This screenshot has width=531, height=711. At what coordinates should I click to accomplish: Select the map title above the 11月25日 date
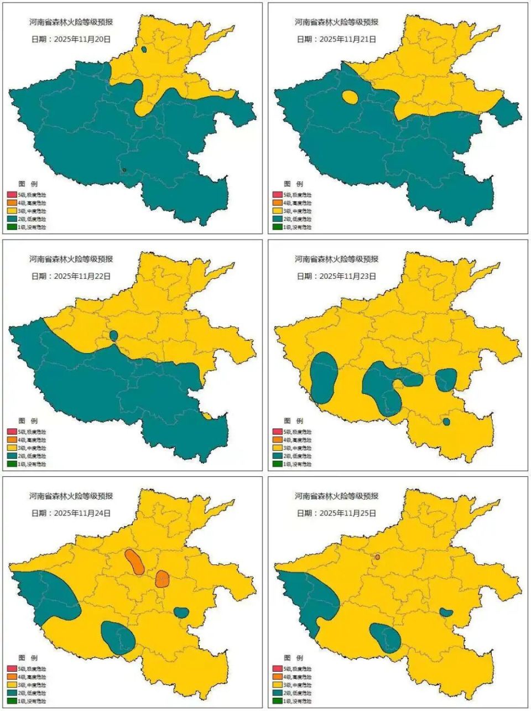tap(336, 496)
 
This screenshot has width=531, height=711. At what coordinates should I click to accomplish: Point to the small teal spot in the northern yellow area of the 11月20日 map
tap(144, 49)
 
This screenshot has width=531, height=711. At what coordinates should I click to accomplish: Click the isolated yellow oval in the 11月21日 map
tap(350, 97)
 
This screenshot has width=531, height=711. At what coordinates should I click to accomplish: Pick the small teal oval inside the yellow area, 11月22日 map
tap(114, 335)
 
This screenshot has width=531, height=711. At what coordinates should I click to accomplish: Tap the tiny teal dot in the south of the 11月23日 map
tap(446, 422)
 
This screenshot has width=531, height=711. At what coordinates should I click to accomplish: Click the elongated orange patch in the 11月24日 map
tap(134, 562)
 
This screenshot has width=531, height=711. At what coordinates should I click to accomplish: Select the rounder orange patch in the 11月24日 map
tap(162, 579)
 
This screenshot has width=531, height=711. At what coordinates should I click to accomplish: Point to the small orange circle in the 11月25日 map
tap(377, 557)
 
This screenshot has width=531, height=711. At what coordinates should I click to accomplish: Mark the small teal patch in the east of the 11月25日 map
tap(446, 612)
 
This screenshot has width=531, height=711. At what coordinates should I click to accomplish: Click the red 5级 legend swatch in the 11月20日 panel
tap(12, 195)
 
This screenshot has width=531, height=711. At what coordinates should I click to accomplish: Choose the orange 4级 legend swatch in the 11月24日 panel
tap(12, 677)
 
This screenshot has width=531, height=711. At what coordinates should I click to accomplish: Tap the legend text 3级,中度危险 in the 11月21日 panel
tap(297, 211)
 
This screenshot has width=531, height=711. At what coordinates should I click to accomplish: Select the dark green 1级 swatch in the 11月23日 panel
tap(277, 464)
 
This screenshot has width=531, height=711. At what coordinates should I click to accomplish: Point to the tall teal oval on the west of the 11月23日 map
tap(324, 378)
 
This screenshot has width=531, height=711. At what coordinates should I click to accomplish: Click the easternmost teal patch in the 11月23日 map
tap(446, 380)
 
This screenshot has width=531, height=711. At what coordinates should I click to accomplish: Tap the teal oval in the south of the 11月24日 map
tap(118, 637)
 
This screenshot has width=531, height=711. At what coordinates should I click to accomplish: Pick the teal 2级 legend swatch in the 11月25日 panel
tap(277, 693)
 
